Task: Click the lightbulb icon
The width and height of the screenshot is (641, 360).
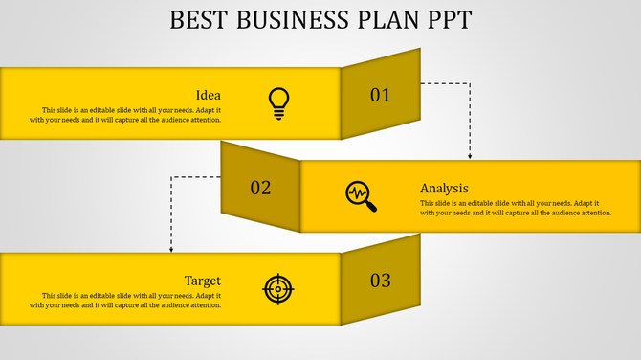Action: coord(278,102)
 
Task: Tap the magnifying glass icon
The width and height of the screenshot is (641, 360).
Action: coord(361,195)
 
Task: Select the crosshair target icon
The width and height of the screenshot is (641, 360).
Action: coord(278,288)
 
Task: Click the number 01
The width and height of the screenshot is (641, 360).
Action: coord(381,95)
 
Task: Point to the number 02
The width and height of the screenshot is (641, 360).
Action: coord(260,188)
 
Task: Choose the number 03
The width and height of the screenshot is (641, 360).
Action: coord(381,281)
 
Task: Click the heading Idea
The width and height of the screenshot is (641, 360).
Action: coord(209,95)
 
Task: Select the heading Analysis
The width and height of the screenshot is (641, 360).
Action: coord(444,188)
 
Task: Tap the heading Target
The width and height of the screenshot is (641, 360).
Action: coord(203,281)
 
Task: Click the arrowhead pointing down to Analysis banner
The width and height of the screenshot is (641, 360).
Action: coord(470,156)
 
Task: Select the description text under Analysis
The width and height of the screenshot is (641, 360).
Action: coord(516,208)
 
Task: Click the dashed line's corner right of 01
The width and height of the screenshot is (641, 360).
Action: coord(470,83)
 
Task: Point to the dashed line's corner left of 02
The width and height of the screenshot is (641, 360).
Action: coord(171,176)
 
